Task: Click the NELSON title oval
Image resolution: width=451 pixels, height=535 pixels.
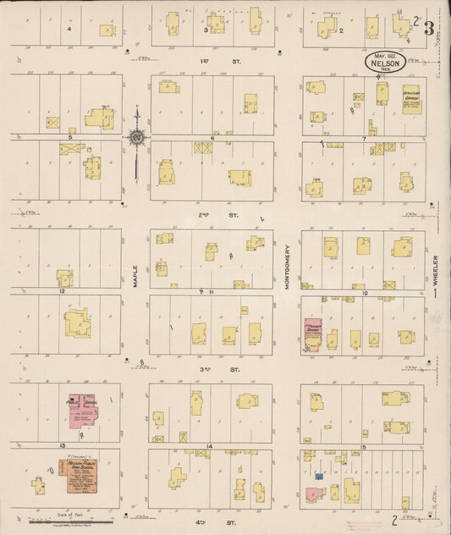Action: point(385,62)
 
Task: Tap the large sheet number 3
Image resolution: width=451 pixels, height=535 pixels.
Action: point(429,27)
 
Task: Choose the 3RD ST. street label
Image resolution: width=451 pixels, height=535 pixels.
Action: point(209,370)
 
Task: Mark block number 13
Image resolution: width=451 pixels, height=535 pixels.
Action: point(62,444)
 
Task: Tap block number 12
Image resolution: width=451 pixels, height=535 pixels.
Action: point(62,290)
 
